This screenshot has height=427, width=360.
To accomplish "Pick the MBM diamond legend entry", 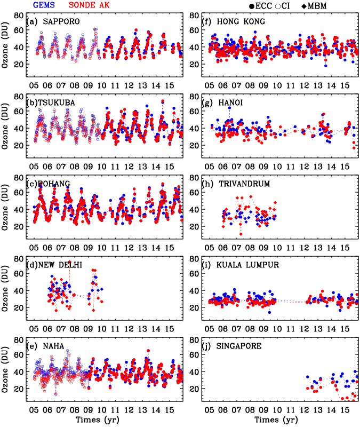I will click(x=315, y=6).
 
